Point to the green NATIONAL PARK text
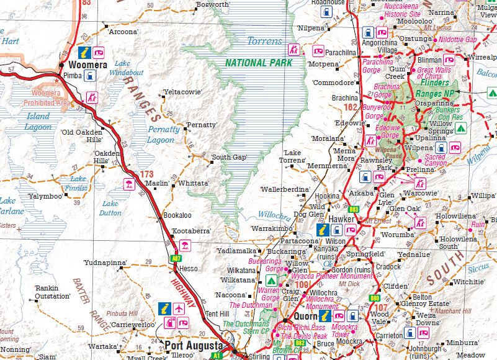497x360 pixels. pos(259,63)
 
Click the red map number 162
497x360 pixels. pos(351,108)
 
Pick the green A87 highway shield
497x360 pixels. pos(176,256)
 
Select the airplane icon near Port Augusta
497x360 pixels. pos(179,308)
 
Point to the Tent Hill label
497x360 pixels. pos(217,313)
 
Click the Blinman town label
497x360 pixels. pos(429,60)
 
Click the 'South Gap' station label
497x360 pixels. pos(229,157)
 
